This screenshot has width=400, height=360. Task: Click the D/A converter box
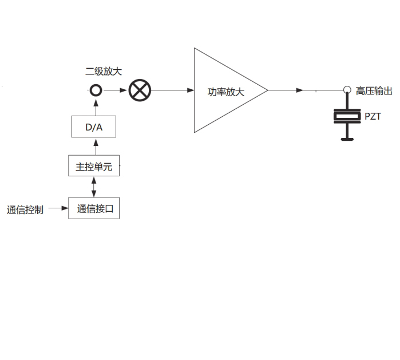pyautogui.click(x=94, y=126)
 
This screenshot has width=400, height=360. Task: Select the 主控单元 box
pyautogui.click(x=94, y=167)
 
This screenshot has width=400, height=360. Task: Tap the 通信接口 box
pyautogui.click(x=94, y=208)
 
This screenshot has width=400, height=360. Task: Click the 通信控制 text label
pyautogui.click(x=25, y=209)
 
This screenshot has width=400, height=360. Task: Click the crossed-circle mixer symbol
pyautogui.click(x=139, y=90)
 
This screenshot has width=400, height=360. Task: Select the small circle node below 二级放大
pyautogui.click(x=96, y=90)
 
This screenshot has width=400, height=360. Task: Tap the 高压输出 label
pyautogui.click(x=374, y=90)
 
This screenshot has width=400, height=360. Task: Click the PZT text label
pyautogui.click(x=373, y=117)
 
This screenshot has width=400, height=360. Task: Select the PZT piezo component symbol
pyautogui.click(x=346, y=118)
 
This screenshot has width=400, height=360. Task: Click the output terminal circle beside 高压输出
pyautogui.click(x=347, y=90)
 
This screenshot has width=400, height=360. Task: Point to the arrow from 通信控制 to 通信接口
pyautogui.click(x=57, y=208)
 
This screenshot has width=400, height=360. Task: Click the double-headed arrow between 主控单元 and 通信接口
pyautogui.click(x=94, y=188)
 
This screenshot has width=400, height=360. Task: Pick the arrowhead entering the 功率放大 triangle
pyautogui.click(x=190, y=90)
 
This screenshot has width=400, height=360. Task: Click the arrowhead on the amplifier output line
pyautogui.click(x=299, y=90)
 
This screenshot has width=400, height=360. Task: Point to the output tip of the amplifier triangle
pyautogui.click(x=267, y=90)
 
